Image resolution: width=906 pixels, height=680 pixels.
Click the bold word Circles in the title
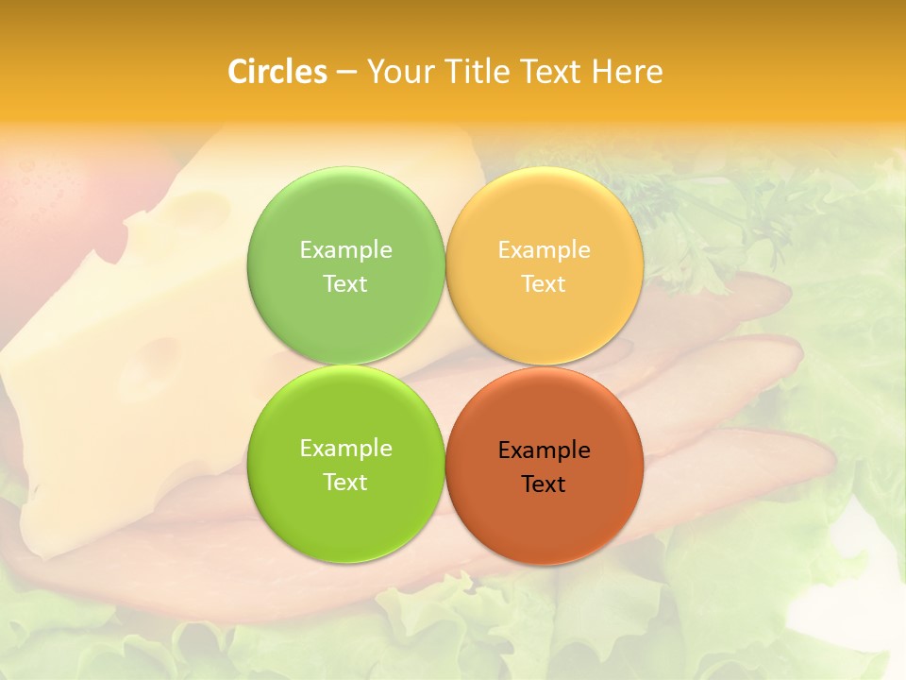point(277,72)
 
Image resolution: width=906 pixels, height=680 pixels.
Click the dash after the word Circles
point(346,73)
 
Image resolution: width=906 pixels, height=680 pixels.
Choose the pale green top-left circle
point(345,210)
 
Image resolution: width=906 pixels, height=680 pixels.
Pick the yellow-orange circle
point(545,210)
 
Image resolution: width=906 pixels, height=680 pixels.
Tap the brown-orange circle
point(545,519)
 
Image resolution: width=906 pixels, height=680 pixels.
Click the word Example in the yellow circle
point(545,249)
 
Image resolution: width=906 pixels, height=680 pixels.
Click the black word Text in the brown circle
point(544,484)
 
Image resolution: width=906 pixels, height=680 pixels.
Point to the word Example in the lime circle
point(345,448)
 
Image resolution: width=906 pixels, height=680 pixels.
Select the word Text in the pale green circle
point(345,283)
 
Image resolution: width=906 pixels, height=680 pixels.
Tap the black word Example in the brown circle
point(545,450)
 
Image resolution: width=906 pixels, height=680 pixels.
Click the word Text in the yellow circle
point(544,283)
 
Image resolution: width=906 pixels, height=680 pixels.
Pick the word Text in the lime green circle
point(345,482)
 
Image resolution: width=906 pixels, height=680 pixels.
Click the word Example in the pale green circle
point(345,249)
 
